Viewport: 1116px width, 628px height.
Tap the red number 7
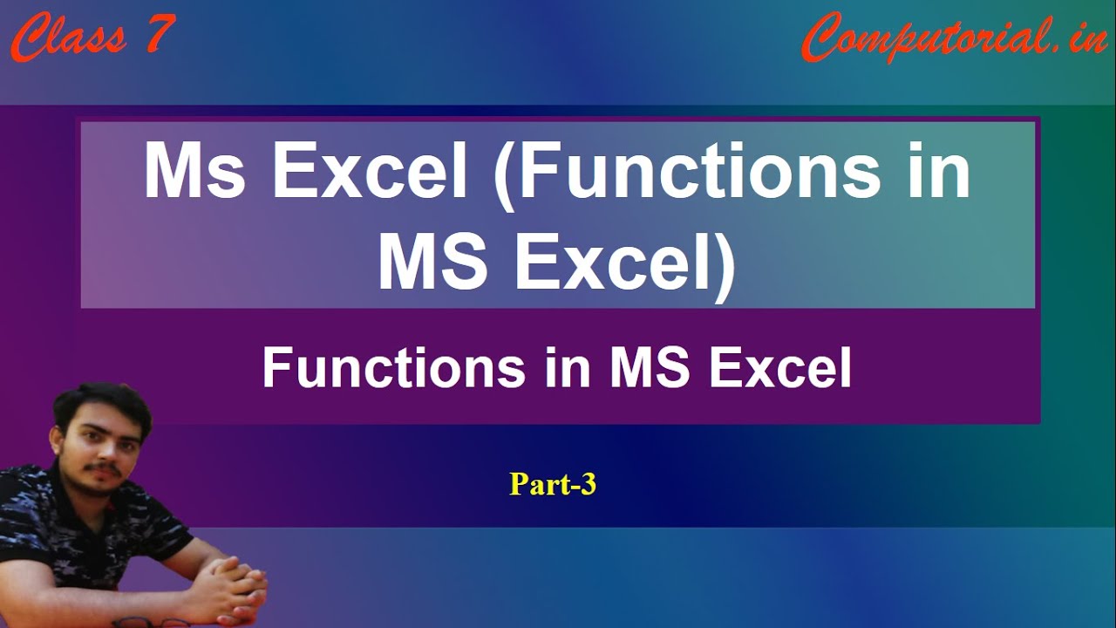(160, 33)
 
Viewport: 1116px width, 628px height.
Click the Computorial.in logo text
(954, 38)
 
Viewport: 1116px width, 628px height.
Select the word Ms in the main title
(194, 171)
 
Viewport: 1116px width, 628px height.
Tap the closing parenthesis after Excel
(725, 270)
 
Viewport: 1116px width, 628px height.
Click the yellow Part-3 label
(553, 484)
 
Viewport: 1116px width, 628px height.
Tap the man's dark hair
(102, 406)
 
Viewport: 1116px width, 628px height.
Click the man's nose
(105, 451)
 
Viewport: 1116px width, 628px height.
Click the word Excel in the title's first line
(369, 171)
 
